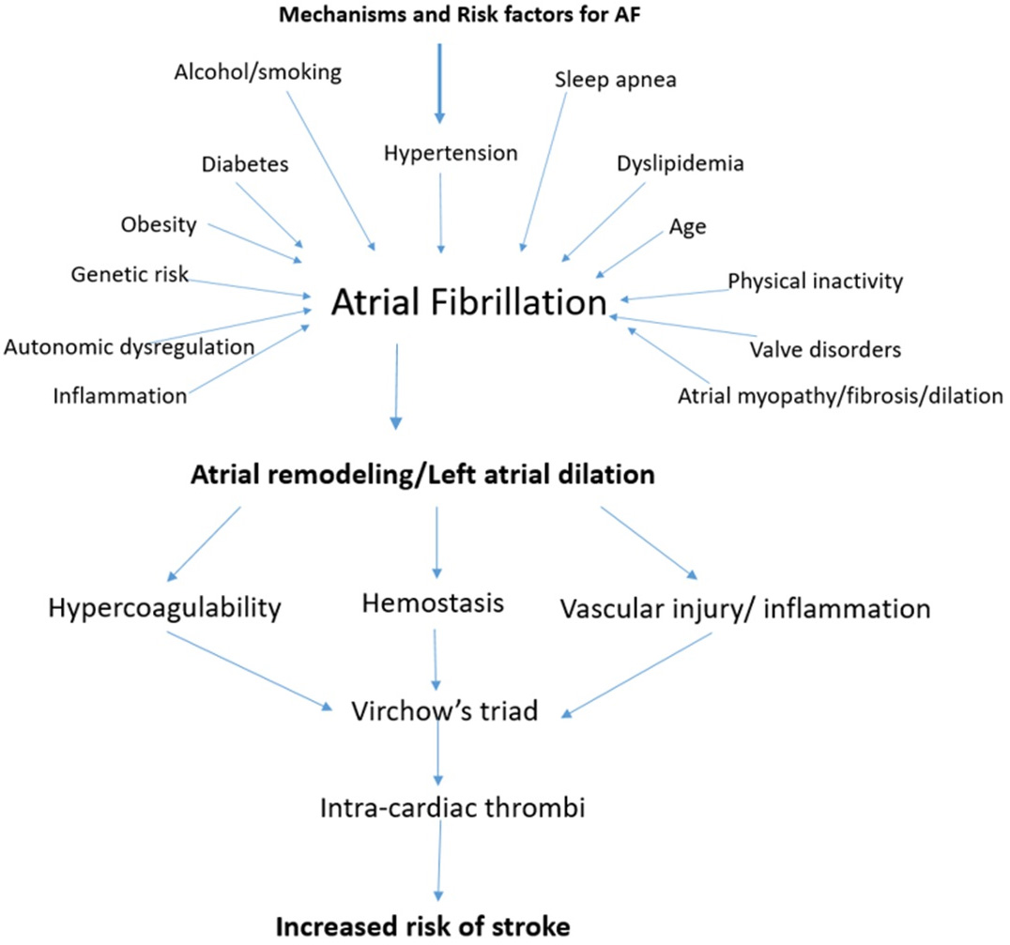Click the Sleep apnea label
pos(616,80)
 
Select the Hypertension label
pos(451,151)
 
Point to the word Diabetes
pos(244,165)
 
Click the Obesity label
pos(158,224)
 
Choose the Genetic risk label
pos(130,275)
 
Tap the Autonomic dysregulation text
pos(129,346)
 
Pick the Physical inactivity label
pos(815,280)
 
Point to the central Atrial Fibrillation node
pos(469,302)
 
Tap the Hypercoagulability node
pos(164,608)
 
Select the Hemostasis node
pos(433,603)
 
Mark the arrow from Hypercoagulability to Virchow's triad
pos(249,671)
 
